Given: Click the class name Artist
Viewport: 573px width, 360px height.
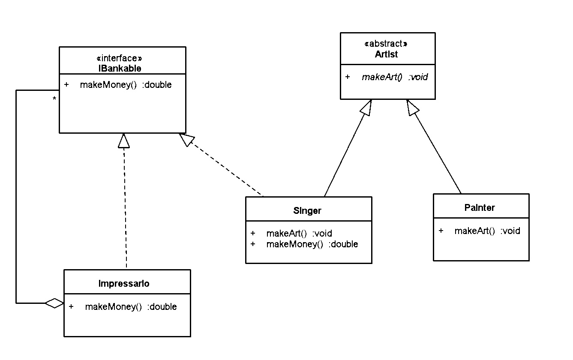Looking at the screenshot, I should pyautogui.click(x=386, y=54).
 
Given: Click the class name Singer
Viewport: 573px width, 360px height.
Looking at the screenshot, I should pyautogui.click(x=307, y=210).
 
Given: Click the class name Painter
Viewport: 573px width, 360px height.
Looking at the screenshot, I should pyautogui.click(x=480, y=208).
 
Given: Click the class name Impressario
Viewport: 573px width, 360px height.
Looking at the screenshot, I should pyautogui.click(x=124, y=284).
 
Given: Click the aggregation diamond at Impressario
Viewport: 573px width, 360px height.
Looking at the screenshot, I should pyautogui.click(x=54, y=303).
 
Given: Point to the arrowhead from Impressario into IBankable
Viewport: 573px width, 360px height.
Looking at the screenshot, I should pyautogui.click(x=123, y=140).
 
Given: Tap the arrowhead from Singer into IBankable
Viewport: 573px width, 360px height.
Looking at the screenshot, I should pyautogui.click(x=187, y=139).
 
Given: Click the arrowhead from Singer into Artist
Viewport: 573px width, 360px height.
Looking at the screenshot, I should pyautogui.click(x=366, y=107).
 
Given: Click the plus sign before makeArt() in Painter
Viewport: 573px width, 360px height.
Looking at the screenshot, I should pyautogui.click(x=441, y=231).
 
